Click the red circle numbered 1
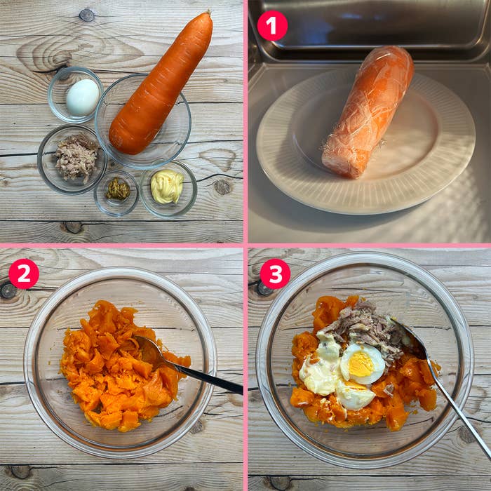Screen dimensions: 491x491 point(272,26)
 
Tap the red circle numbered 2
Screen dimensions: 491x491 point(24,274)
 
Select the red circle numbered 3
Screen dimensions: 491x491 point(275,274)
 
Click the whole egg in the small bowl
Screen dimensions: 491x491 point(83,97)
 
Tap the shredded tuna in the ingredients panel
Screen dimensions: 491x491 point(77,158)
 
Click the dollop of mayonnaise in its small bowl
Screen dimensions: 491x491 point(167,186)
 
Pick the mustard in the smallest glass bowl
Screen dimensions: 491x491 point(117,189)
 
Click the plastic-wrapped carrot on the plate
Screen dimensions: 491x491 point(367,112)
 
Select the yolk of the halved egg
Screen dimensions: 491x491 point(361,364)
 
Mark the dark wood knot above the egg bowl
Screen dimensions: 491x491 point(86,15)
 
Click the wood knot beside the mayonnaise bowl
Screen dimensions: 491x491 point(222,187)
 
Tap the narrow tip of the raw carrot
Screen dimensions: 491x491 point(208,13)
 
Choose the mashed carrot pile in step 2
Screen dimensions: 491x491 point(122,365)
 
